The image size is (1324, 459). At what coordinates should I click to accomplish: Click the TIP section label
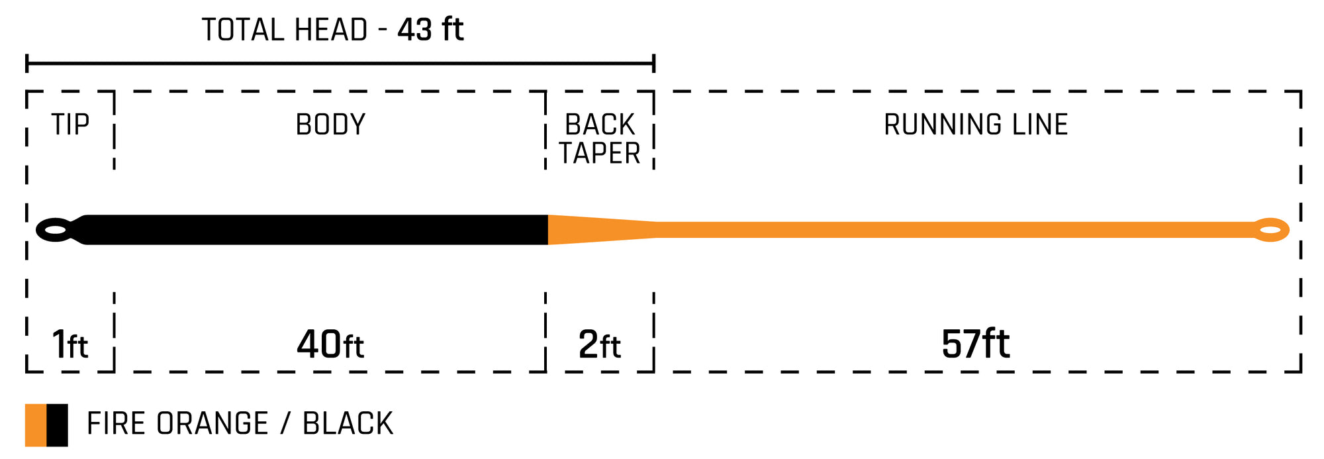pyautogui.click(x=70, y=125)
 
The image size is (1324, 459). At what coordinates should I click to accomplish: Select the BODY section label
pyautogui.click(x=330, y=125)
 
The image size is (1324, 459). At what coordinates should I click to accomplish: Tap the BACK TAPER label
pyautogui.click(x=600, y=139)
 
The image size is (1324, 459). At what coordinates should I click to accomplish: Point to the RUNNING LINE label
pyautogui.click(x=976, y=125)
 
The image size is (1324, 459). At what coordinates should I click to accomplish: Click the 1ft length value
pyautogui.click(x=70, y=344)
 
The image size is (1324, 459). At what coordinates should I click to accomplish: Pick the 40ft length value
pyautogui.click(x=330, y=344)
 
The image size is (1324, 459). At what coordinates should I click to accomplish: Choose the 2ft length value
pyautogui.click(x=600, y=344)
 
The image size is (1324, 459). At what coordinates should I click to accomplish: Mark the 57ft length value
pyautogui.click(x=976, y=344)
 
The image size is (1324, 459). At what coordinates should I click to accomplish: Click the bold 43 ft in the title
pyautogui.click(x=430, y=30)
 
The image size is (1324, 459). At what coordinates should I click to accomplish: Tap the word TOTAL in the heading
pyautogui.click(x=243, y=30)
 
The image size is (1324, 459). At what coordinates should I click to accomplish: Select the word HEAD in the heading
pyautogui.click(x=332, y=30)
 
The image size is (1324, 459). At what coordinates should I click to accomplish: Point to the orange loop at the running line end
pyautogui.click(x=1271, y=230)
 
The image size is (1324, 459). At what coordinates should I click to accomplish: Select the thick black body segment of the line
pyautogui.click(x=318, y=230)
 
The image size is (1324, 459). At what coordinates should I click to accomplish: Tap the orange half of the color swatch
pyautogui.click(x=36, y=425)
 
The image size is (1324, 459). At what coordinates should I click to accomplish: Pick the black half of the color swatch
pyautogui.click(x=58, y=425)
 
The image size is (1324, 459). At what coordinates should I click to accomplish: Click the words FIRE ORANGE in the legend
pyautogui.click(x=177, y=424)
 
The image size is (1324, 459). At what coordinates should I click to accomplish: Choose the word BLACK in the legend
pyautogui.click(x=348, y=424)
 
